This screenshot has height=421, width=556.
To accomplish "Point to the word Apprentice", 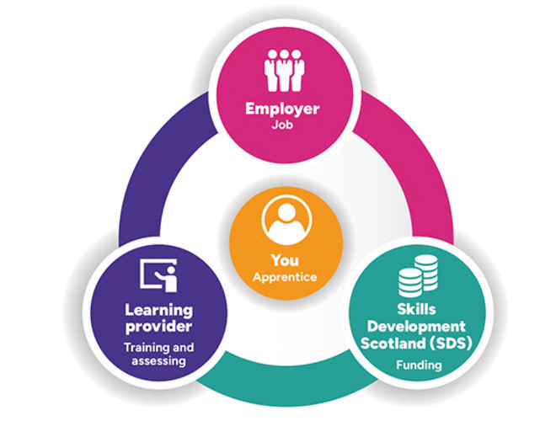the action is click(x=285, y=276).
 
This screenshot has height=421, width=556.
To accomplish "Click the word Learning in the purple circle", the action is click(x=158, y=310).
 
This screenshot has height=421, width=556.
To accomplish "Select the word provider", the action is click(x=158, y=326).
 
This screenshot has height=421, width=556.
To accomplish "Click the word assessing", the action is click(x=158, y=361).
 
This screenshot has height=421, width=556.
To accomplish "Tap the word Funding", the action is click(x=418, y=365).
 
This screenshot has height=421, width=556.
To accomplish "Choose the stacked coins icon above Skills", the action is click(x=418, y=275).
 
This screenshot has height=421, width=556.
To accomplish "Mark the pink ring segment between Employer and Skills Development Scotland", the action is click(x=404, y=168).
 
